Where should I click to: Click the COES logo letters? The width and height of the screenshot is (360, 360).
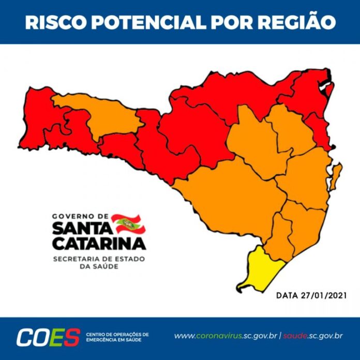pyautogui.click(x=48, y=337)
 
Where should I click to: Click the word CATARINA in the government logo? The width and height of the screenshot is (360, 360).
pyautogui.click(x=99, y=243)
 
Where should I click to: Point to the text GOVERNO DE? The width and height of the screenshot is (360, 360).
pyautogui.click(x=80, y=216)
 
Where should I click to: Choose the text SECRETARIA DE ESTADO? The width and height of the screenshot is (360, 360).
pyautogui.click(x=99, y=258)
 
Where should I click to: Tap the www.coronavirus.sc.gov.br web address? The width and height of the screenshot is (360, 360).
pyautogui.click(x=225, y=336)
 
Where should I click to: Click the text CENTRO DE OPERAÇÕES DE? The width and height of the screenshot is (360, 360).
pyautogui.click(x=117, y=334)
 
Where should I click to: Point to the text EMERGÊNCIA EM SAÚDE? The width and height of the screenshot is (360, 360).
pyautogui.click(x=114, y=340)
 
